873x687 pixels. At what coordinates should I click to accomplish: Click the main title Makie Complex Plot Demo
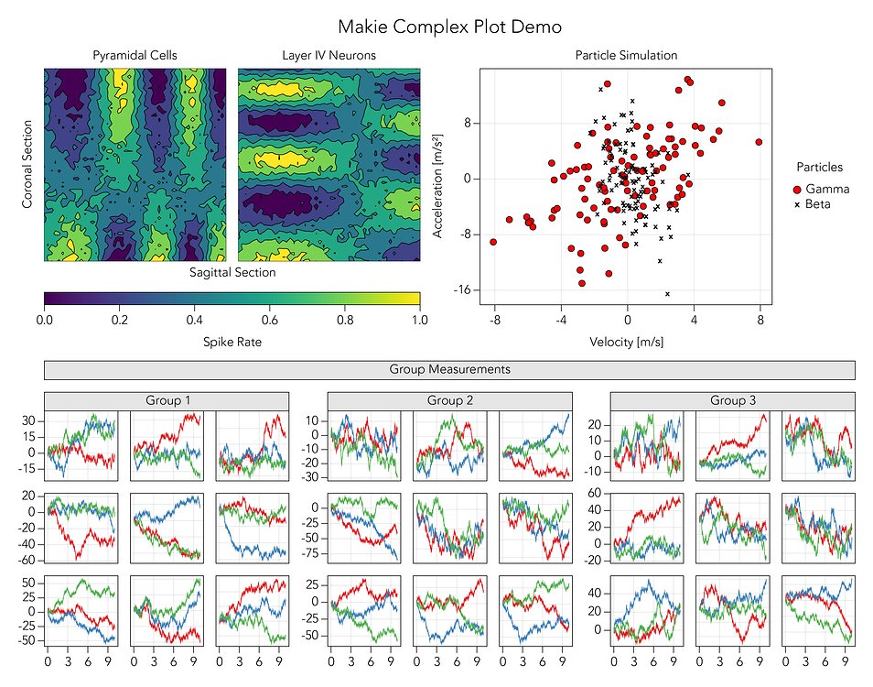[x=449, y=27]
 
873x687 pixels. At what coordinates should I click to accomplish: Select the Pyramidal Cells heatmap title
[x=135, y=56]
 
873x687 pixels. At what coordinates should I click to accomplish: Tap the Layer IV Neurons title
[x=329, y=56]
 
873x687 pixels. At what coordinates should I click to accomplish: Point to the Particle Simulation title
[x=626, y=56]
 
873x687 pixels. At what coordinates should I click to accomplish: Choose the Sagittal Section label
[x=232, y=273]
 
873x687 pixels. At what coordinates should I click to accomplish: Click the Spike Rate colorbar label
[x=232, y=343]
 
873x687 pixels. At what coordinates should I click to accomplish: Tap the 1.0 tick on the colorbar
[x=420, y=321]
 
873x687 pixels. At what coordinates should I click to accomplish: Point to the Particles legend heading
[x=820, y=168]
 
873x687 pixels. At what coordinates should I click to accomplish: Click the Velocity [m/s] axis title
[x=626, y=343]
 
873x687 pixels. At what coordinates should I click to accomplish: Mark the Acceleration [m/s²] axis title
[x=439, y=185]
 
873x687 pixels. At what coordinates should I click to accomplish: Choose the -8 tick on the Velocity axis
[x=494, y=321]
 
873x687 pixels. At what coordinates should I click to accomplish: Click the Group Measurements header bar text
[x=449, y=370]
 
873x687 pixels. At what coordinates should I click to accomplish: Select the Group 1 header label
[x=167, y=400]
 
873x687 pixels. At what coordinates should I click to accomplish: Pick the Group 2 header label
[x=449, y=400]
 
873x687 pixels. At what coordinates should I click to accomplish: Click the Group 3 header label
[x=732, y=400]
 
